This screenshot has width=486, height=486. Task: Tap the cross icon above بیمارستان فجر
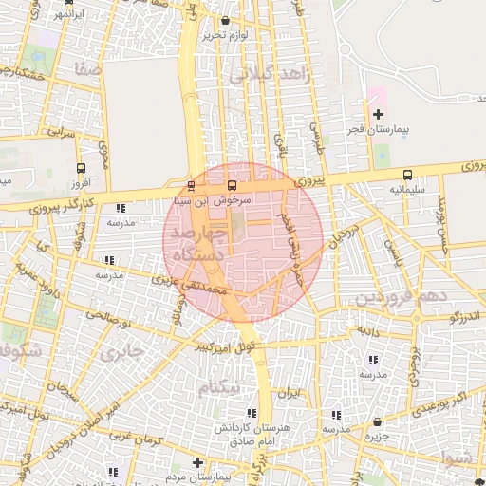[378, 114]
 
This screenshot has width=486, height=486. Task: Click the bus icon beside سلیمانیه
[407, 175]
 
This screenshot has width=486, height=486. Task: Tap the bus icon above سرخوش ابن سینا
[234, 185]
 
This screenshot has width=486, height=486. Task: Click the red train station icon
[192, 185]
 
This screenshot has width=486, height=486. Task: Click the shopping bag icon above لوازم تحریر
[225, 21]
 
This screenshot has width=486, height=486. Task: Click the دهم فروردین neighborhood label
[400, 297]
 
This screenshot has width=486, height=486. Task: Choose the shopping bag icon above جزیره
[377, 421]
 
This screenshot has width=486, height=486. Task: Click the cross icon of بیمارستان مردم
[197, 462]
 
